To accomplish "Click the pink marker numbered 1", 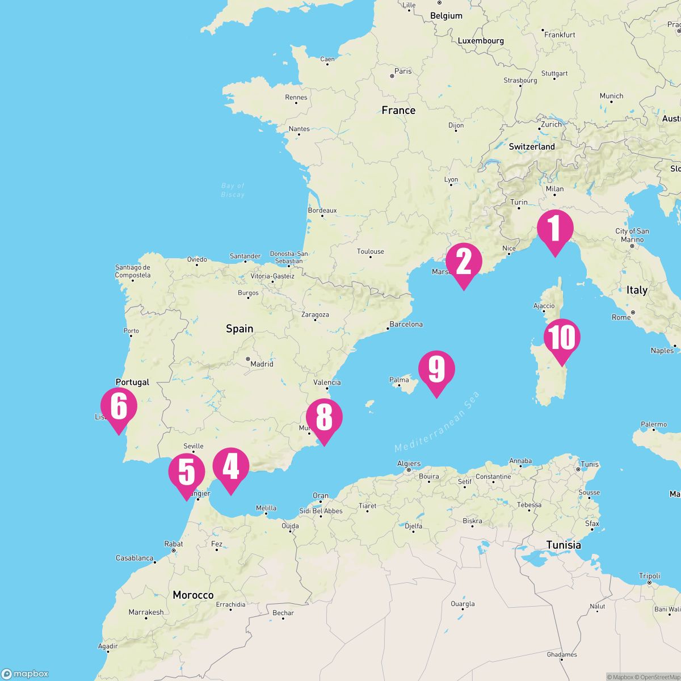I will (x=555, y=229).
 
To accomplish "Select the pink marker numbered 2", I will (x=464, y=263).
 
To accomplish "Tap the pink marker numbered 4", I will (x=230, y=467).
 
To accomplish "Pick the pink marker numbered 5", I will (x=187, y=472).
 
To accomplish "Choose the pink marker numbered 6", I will (x=119, y=407).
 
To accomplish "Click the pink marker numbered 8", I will (x=324, y=418).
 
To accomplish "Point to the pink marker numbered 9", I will (x=436, y=370).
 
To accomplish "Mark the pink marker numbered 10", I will (x=562, y=338).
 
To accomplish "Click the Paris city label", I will (x=403, y=71).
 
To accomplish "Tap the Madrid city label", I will (x=262, y=364).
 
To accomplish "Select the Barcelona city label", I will (x=406, y=325).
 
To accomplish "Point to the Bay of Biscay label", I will (x=233, y=190).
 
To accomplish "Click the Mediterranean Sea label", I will (x=438, y=422).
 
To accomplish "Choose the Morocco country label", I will (x=193, y=595).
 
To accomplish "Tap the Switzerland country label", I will (x=532, y=146).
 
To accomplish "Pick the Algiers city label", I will (x=409, y=464).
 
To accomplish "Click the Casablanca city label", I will (x=134, y=558).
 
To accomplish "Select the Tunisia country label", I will (x=564, y=545).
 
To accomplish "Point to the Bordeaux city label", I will (x=322, y=211).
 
